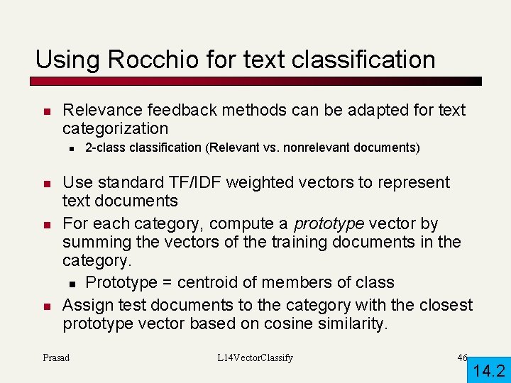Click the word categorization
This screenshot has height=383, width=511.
coord(116,128)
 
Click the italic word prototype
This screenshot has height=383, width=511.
coord(329,223)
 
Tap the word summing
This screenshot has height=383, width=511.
coord(94,242)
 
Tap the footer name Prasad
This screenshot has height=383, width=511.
coord(56,357)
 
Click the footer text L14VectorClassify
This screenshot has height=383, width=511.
coord(255,357)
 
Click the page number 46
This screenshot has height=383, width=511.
coord(462,357)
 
